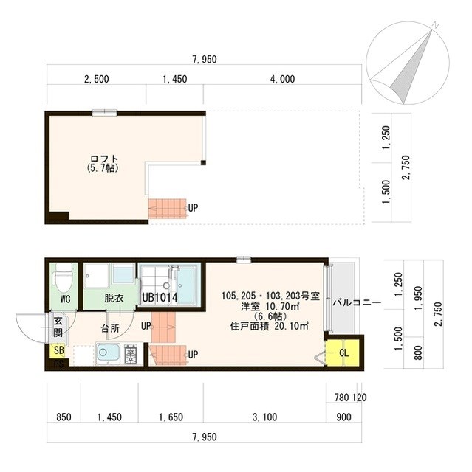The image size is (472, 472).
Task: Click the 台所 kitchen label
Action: click(111, 327)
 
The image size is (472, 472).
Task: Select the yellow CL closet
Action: click(342, 353)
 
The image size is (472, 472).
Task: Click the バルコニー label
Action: click(356, 302)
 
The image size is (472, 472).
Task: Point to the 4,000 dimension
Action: click(282, 79)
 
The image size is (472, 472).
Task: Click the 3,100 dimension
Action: click(265, 417)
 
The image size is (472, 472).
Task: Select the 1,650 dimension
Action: click(171, 417)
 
